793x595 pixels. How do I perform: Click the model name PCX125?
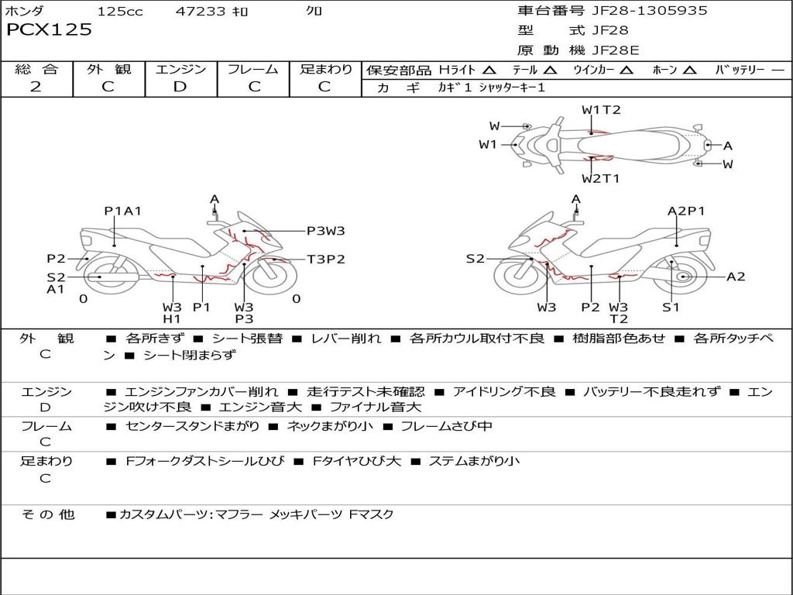[x=49, y=30]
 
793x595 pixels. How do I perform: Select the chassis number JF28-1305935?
[x=638, y=11]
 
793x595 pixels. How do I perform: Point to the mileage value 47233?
[x=201, y=12]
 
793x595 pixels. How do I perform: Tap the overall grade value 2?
[x=36, y=86]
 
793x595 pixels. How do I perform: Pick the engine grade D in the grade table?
[x=180, y=86]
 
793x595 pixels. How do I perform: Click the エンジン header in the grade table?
[x=180, y=69]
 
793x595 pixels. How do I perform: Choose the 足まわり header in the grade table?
[x=325, y=69]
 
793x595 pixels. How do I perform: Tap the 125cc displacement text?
[x=119, y=12]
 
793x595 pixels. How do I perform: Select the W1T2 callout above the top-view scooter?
[x=601, y=110]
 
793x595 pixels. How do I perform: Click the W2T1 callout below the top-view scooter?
[x=601, y=179]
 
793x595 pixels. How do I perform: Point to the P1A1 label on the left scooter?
[x=122, y=211]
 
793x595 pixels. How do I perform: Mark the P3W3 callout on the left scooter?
[x=325, y=230]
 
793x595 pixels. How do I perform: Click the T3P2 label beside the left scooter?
[x=325, y=260]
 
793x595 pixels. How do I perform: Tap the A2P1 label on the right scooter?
[x=686, y=211]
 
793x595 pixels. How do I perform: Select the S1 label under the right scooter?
[x=671, y=307]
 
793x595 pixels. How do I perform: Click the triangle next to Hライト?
[x=489, y=70]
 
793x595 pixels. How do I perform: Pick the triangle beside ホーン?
[x=690, y=70]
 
